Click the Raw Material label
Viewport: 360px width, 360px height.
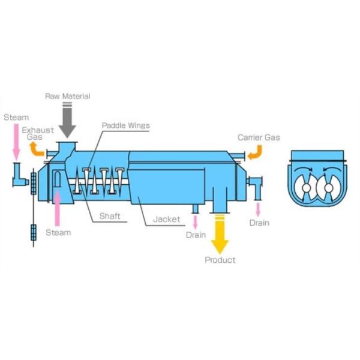pyautogui.click(x=67, y=96)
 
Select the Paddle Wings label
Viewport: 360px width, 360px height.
pyautogui.click(x=125, y=125)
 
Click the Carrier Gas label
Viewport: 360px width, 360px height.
pyautogui.click(x=259, y=137)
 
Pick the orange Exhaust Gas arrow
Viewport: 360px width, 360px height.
pyautogui.click(x=38, y=148)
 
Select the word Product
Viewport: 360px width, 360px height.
pyautogui.click(x=220, y=260)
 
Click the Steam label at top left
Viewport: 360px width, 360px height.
pyautogui.click(x=15, y=117)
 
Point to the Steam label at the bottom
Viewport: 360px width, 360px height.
pyautogui.click(x=58, y=232)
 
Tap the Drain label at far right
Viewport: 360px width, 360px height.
pyautogui.click(x=259, y=223)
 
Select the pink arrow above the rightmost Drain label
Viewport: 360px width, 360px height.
pyautogui.click(x=259, y=209)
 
